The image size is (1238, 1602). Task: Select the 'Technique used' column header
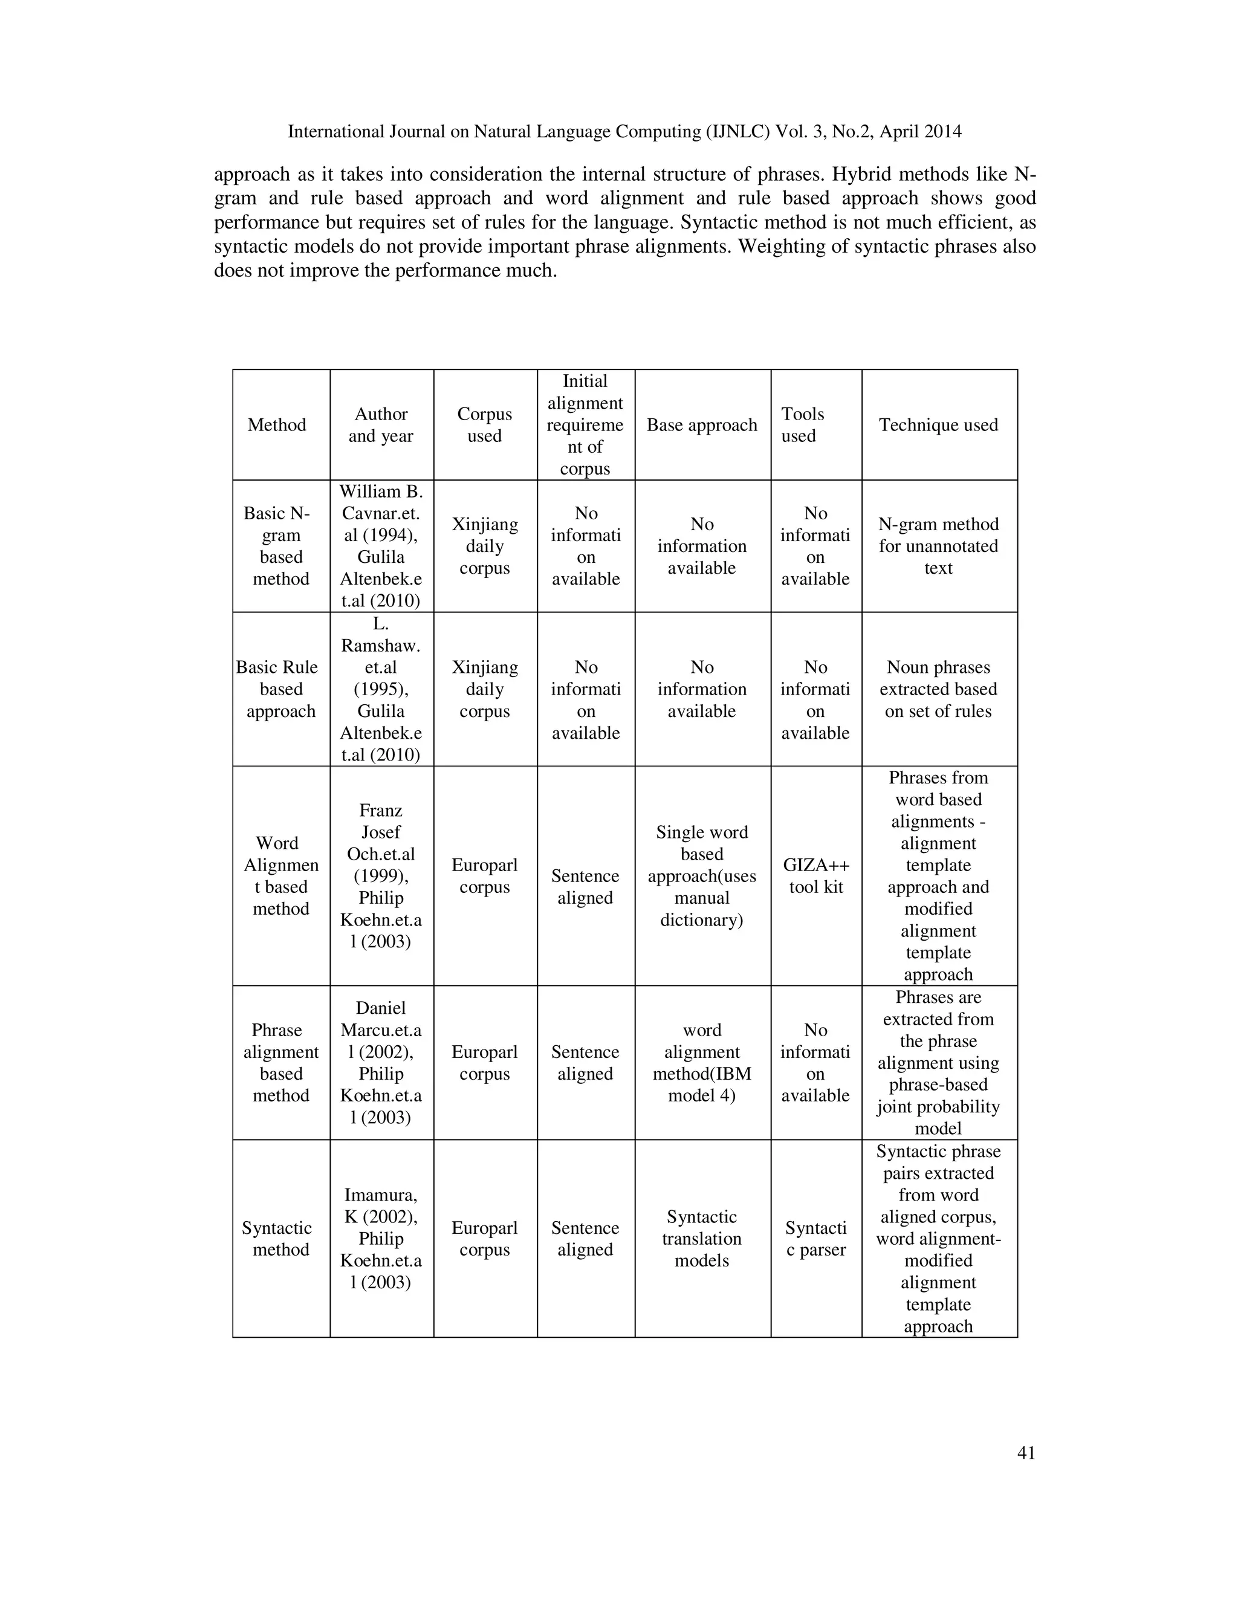[x=938, y=425]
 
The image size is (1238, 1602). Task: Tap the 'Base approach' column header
[x=702, y=425]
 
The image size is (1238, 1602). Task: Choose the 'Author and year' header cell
[x=381, y=425]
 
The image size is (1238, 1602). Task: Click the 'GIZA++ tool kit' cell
[x=815, y=875]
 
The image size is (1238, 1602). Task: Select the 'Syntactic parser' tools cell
[x=815, y=1238]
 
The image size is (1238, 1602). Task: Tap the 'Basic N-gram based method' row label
[x=281, y=546]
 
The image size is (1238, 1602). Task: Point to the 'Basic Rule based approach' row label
[x=281, y=689]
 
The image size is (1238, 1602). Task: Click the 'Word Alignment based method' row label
[x=281, y=875]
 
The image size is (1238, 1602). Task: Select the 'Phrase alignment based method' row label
[x=281, y=1062]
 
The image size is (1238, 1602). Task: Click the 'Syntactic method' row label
[x=281, y=1238]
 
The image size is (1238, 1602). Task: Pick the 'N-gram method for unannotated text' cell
[x=938, y=546]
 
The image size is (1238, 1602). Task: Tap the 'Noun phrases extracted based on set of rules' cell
[x=938, y=689]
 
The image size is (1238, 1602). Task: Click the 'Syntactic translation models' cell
[x=702, y=1238]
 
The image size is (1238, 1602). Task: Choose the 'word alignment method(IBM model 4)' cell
[x=702, y=1062]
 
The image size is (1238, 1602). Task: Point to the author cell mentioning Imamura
[x=381, y=1238]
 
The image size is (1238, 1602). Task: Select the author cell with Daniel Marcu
[x=381, y=1062]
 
